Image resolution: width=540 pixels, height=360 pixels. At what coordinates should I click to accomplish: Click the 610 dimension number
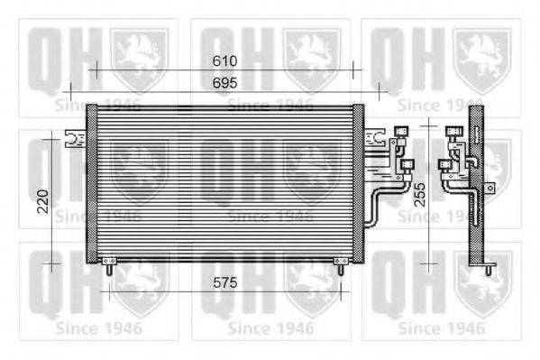224,61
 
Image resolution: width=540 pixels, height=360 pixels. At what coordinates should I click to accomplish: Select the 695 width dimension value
224,83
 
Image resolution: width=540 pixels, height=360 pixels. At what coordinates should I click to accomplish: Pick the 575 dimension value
224,282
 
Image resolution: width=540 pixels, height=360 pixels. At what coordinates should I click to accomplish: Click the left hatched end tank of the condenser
92,183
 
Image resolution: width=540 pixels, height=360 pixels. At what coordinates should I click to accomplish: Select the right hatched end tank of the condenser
358,183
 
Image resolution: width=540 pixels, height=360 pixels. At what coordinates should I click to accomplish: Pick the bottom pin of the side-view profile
487,268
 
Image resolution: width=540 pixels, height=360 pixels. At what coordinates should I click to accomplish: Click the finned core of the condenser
225,183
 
